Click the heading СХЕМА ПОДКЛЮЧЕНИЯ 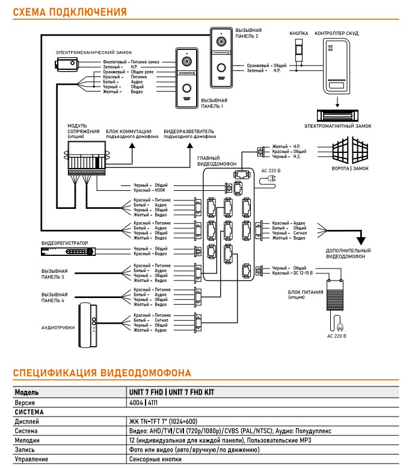pyautogui.click(x=70, y=12)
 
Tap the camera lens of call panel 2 pyautogui.click(x=221, y=41)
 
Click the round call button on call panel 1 pyautogui.click(x=186, y=89)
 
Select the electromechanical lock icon pyautogui.click(x=67, y=64)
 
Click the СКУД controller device pyautogui.click(x=336, y=66)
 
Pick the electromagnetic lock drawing pyautogui.click(x=337, y=116)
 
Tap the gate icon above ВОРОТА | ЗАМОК pyautogui.click(x=350, y=149)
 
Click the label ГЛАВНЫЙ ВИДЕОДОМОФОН pyautogui.click(x=217, y=161)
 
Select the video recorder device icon pyautogui.click(x=68, y=252)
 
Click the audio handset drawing pyautogui.click(x=88, y=325)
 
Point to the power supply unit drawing pyautogui.click(x=335, y=295)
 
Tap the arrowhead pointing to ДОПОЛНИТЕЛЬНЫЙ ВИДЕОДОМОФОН pyautogui.click(x=361, y=240)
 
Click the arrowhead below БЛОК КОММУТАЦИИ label pyautogui.click(x=132, y=145)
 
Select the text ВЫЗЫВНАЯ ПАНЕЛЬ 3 pyautogui.click(x=54, y=274)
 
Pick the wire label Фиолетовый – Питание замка pyautogui.click(x=131, y=62)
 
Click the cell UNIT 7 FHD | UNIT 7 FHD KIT pyautogui.click(x=171, y=392)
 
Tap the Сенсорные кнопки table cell pyautogui.click(x=155, y=459)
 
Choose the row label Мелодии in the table pyautogui.click(x=27, y=440)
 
